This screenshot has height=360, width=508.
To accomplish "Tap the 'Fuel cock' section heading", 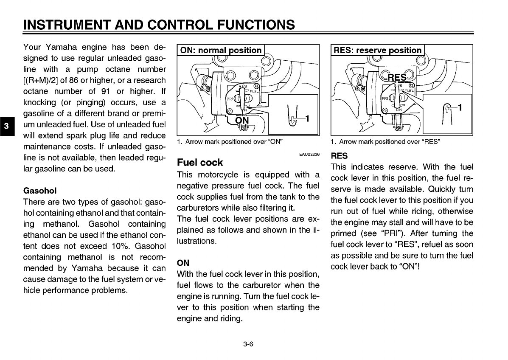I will [199, 162].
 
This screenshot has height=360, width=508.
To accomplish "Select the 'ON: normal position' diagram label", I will [221, 50].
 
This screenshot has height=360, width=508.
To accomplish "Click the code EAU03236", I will [309, 154].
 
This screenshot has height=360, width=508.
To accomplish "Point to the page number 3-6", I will [248, 344].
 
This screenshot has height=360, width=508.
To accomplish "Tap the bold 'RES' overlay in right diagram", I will [397, 77].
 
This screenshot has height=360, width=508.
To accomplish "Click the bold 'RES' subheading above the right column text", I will [339, 156].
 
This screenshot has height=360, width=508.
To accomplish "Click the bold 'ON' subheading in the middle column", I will [182, 263].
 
